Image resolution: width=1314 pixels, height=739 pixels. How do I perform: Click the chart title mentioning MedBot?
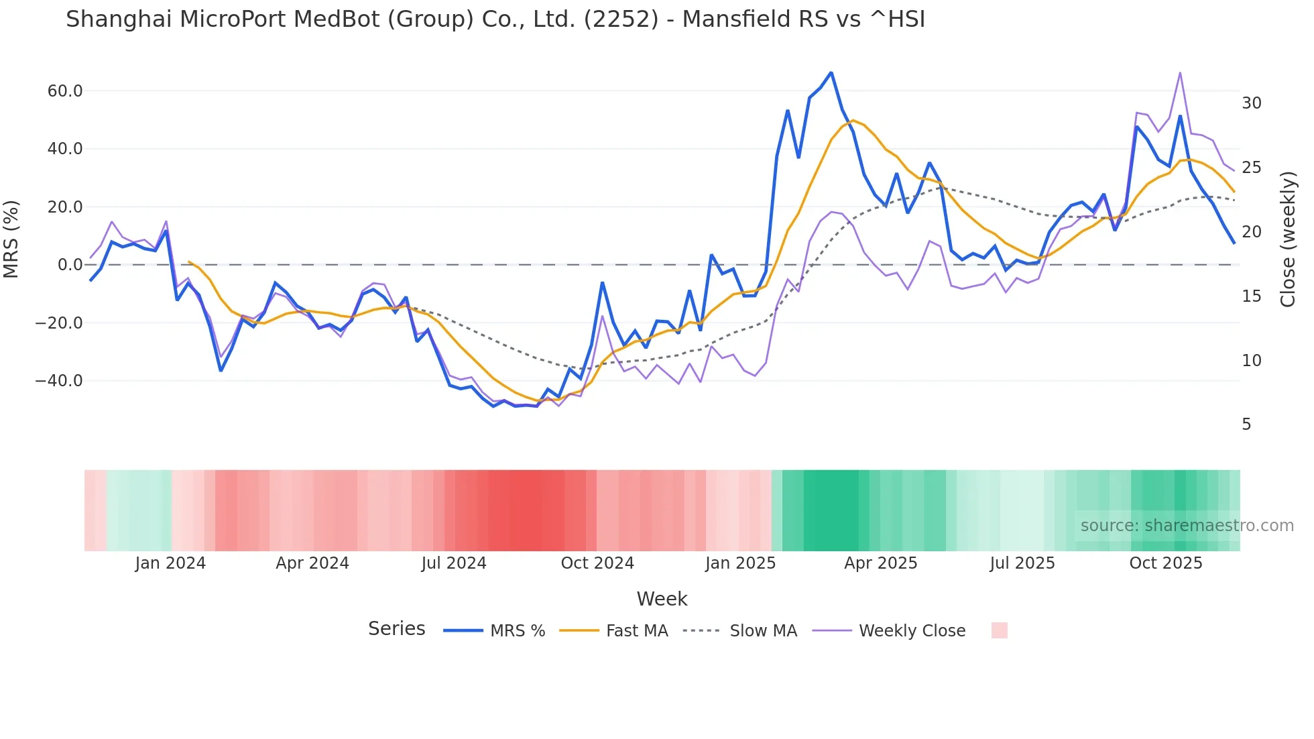point(495,19)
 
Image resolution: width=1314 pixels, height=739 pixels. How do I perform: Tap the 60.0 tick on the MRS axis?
point(65,91)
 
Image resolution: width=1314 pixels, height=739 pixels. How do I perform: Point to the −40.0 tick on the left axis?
point(59,381)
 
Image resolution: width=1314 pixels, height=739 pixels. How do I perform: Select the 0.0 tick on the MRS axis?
point(70,265)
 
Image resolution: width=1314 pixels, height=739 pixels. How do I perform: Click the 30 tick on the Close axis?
point(1251,103)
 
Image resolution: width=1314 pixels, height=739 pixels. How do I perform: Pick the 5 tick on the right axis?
point(1246,424)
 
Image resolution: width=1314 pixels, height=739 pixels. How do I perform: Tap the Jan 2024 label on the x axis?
point(170,563)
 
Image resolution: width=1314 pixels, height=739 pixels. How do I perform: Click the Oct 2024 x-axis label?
point(597,563)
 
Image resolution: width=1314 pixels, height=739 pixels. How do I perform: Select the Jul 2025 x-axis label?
point(1022,563)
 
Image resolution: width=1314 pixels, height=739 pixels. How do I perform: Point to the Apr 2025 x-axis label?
point(880,563)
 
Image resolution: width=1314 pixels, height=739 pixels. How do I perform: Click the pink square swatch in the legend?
point(999,630)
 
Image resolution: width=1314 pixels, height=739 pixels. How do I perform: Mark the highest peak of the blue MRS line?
point(831,72)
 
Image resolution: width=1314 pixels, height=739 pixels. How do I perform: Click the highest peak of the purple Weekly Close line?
point(1180,72)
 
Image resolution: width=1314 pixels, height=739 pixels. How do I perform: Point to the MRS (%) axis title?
point(11,239)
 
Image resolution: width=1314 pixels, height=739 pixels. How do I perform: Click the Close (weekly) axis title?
point(1287,239)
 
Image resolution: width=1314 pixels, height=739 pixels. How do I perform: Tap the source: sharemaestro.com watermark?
point(1187,526)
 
